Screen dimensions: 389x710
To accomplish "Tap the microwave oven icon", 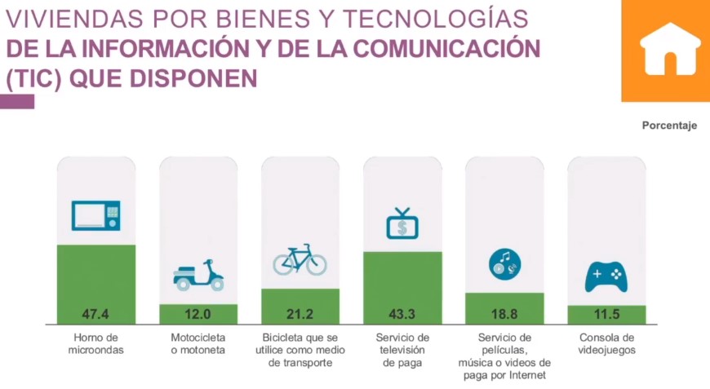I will click(x=95, y=216).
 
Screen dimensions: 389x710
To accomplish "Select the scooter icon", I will click(x=198, y=276).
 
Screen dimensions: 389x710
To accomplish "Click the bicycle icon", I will click(x=300, y=260).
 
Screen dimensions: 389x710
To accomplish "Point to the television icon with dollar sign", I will click(x=402, y=224).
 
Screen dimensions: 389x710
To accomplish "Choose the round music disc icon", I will click(x=504, y=263).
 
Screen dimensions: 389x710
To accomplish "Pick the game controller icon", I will click(x=606, y=277).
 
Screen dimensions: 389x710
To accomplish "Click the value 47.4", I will click(x=95, y=313).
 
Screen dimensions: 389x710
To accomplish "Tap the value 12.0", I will click(x=198, y=313).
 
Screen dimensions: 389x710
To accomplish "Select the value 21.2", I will click(x=300, y=313).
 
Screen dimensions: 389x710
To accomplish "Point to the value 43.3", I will click(x=402, y=313).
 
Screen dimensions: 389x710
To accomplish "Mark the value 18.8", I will click(x=504, y=313).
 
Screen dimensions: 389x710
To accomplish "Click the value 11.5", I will click(x=606, y=313).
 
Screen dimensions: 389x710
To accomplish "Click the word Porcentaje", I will click(x=669, y=126).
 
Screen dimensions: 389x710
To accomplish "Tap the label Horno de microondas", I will click(x=95, y=344).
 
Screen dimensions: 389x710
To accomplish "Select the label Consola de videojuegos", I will click(x=606, y=344).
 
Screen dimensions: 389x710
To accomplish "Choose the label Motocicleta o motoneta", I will click(x=198, y=344).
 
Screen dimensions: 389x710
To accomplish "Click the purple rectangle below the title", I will click(x=17, y=101).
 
